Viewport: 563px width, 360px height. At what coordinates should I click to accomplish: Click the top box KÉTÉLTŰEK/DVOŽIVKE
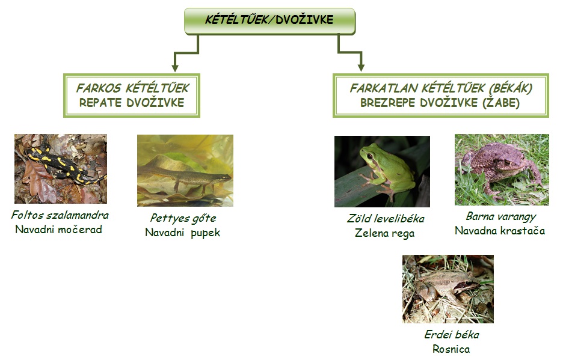269,21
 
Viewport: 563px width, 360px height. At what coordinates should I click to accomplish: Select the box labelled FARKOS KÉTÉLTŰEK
132,96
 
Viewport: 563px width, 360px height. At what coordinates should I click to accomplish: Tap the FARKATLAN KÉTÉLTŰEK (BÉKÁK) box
440,96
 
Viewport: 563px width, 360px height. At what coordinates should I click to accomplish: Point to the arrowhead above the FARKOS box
175,67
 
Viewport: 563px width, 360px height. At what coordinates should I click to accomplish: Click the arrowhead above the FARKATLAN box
361,67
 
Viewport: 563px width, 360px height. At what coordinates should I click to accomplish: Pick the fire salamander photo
61,169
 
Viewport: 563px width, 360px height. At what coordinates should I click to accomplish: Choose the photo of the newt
185,171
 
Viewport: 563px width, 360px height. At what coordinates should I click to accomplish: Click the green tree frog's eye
369,156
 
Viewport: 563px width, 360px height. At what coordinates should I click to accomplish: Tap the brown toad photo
502,169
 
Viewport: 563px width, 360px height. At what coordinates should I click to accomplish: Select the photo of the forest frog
448,289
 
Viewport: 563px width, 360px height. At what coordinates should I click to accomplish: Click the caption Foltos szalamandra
60,215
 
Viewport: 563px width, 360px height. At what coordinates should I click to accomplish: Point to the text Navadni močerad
58,230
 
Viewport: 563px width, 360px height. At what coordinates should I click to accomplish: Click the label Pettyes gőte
183,218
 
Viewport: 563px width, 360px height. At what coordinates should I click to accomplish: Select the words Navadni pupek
182,233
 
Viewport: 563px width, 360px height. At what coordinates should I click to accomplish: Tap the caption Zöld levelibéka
386,219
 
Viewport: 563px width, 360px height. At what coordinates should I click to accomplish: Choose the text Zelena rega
384,233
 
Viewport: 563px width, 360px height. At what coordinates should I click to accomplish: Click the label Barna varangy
501,216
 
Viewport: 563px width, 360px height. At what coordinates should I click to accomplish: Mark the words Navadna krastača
500,231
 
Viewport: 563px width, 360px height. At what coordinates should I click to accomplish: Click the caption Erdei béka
452,335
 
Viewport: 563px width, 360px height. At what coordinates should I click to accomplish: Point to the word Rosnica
451,349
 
